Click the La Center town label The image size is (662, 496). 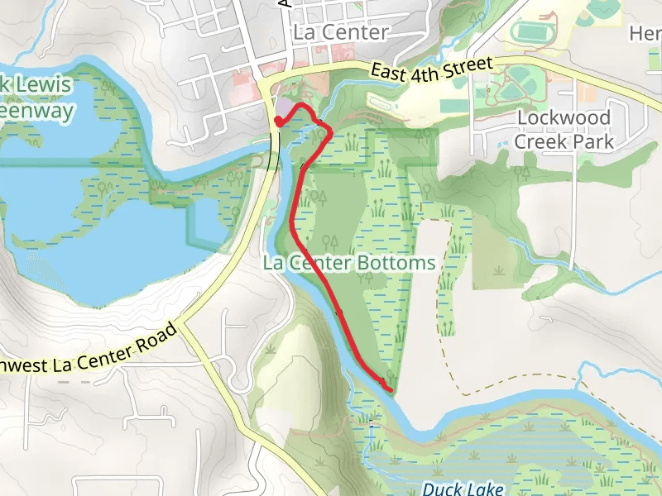tap(340, 33)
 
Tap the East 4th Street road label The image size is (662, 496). tap(432, 71)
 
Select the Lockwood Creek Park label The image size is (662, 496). tap(564, 129)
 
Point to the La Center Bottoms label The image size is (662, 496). tap(348, 264)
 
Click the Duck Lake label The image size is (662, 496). tap(463, 489)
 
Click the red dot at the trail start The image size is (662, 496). tap(278, 122)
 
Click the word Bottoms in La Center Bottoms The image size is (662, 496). tap(403, 264)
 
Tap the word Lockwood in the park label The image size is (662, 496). tap(564, 117)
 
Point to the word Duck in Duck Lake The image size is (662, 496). tap(439, 489)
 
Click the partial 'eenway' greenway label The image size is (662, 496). tap(37, 111)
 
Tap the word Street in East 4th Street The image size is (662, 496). tap(469, 65)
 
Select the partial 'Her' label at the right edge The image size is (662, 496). tap(645, 33)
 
